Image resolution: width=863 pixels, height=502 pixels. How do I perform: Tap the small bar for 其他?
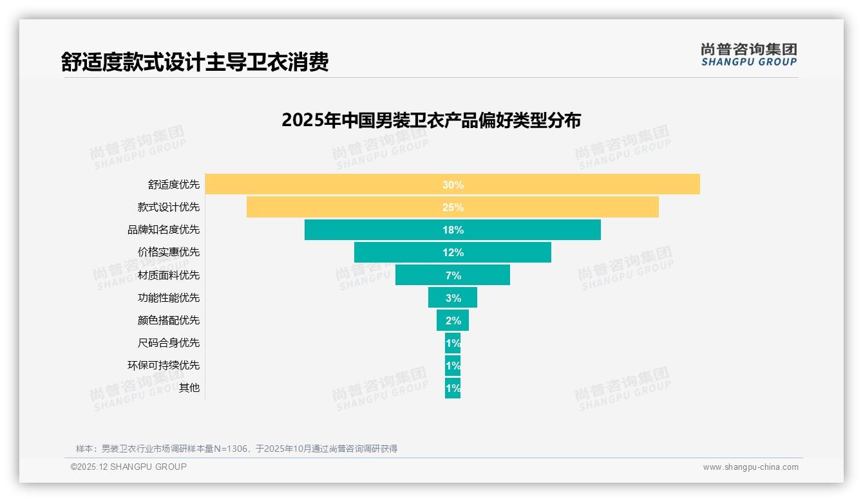[453, 388]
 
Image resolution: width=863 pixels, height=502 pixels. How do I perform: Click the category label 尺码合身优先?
[169, 342]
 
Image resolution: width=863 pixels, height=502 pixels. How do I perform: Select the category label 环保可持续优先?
[164, 365]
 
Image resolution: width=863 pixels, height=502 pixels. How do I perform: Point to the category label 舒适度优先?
[174, 185]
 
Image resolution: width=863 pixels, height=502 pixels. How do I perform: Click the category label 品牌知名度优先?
[164, 230]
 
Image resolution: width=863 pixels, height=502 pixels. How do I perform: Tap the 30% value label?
[453, 185]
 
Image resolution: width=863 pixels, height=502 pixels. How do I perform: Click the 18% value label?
[453, 230]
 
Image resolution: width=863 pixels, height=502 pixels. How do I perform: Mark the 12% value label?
[453, 252]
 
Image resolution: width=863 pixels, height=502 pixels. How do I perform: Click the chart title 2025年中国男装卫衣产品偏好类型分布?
[431, 120]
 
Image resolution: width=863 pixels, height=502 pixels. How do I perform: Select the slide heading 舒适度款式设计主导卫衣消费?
[195, 62]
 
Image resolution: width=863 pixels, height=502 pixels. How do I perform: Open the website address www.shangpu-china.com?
[750, 467]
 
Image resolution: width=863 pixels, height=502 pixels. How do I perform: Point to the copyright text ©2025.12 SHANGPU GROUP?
[129, 467]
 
